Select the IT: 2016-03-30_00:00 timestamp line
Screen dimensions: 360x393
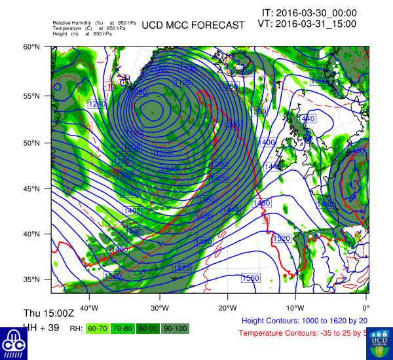click(x=309, y=12)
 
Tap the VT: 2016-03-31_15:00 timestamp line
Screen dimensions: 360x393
click(x=307, y=24)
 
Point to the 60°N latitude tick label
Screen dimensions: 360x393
click(x=32, y=47)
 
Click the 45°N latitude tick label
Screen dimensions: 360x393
click(x=32, y=189)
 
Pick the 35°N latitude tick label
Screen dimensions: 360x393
click(x=32, y=279)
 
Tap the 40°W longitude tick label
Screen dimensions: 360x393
click(x=88, y=308)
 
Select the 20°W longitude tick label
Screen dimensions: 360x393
click(x=227, y=308)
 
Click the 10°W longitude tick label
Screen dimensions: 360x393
click(x=295, y=308)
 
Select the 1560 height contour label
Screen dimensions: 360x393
click(x=250, y=278)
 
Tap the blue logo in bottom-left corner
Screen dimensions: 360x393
click(x=13, y=342)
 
